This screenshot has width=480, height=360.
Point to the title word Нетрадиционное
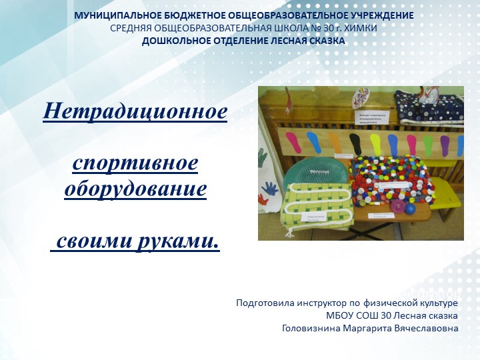(135, 110)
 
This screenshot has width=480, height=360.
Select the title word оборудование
(135, 189)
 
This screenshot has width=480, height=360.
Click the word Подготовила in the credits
(262, 303)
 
